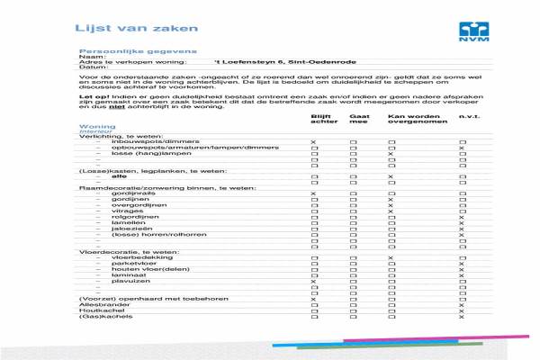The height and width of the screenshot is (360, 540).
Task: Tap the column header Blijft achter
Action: [321, 119]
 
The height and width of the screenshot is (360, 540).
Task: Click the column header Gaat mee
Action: [359, 119]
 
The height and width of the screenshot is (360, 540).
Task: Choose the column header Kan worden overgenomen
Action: [409, 119]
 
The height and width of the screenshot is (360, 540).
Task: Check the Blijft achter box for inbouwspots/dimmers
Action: [313, 143]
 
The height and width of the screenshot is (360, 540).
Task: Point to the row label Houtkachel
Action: [97, 310]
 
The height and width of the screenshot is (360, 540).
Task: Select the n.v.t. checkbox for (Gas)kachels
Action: [462, 317]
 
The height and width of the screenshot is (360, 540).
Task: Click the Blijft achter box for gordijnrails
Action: [313, 194]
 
